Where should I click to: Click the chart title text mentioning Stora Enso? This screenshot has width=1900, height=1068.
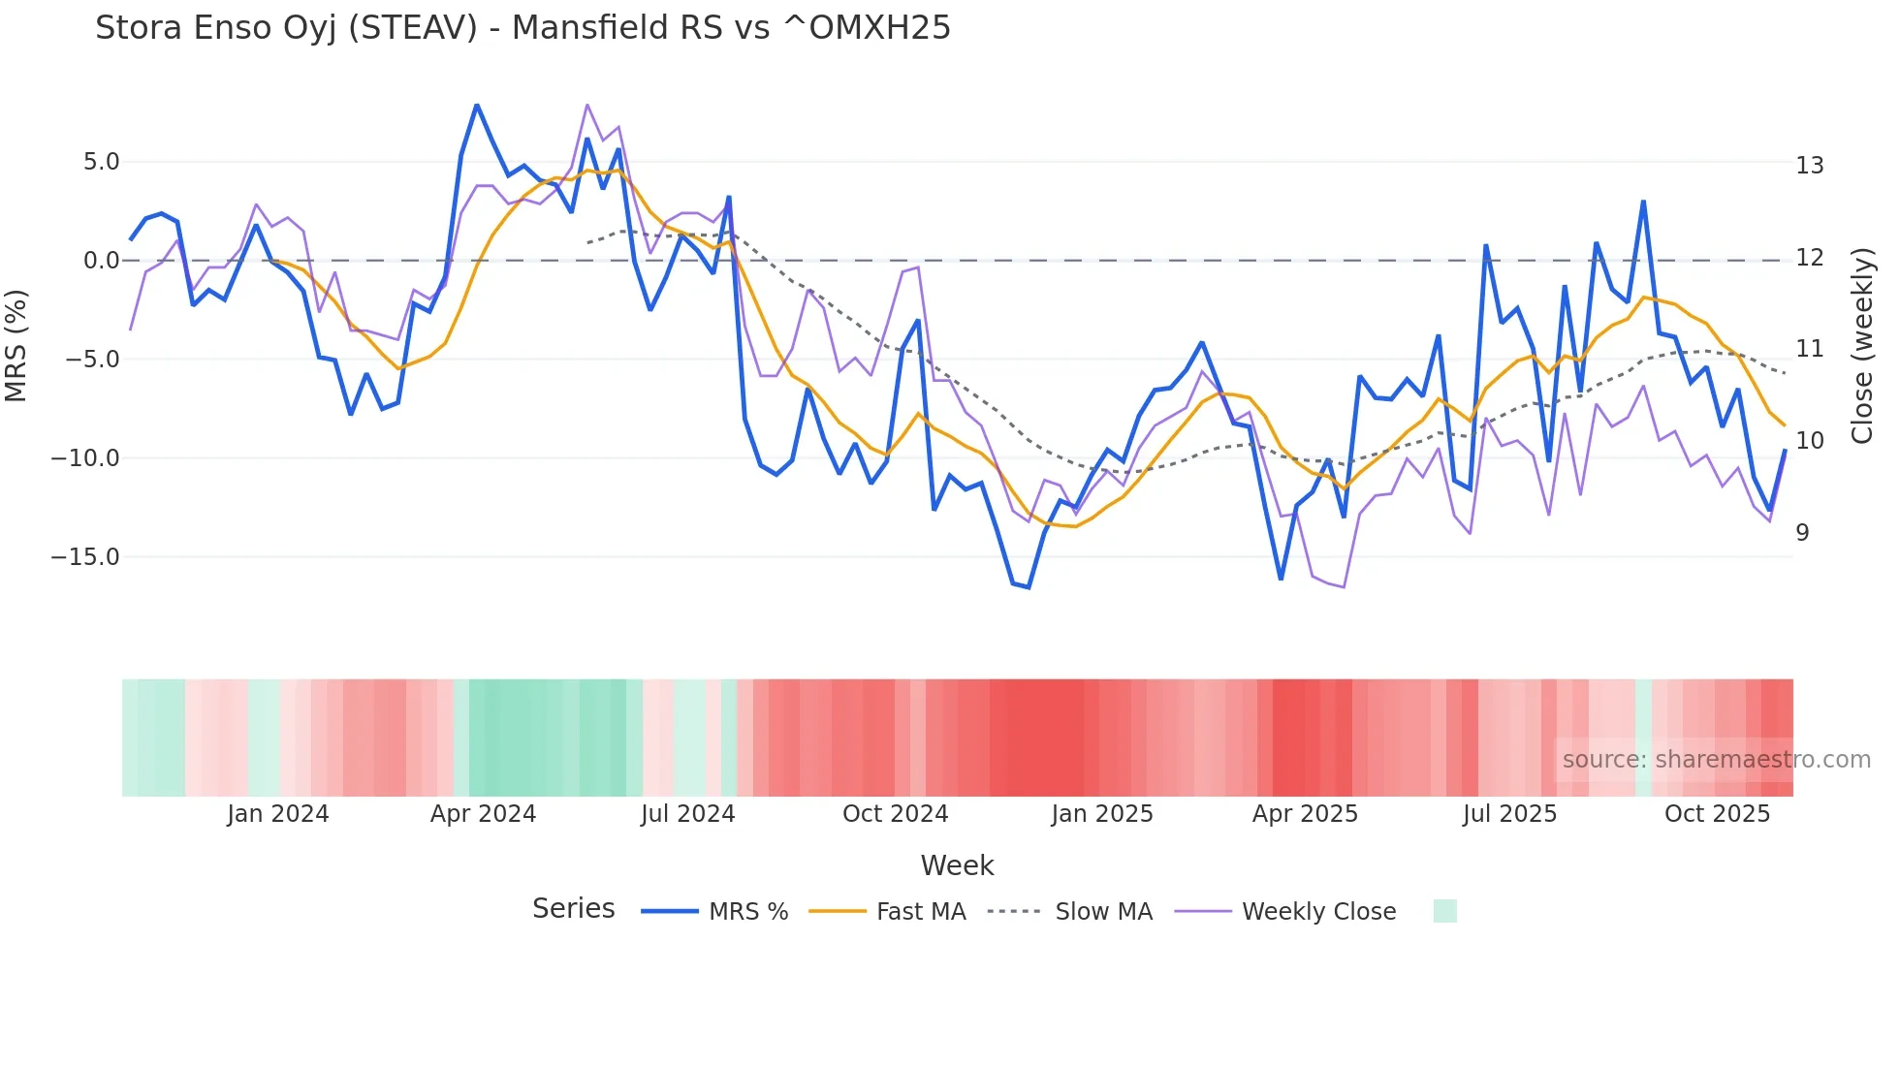pos(522,28)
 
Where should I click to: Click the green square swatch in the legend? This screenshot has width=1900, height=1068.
pos(1444,911)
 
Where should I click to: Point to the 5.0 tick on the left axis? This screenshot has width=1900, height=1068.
pos(101,162)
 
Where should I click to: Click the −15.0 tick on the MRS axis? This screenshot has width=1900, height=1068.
pos(85,557)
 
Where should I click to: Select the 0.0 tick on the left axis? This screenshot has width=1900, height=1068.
pos(101,261)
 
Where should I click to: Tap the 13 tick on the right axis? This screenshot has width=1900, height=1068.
pos(1809,166)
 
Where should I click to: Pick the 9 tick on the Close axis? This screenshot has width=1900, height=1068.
pos(1802,533)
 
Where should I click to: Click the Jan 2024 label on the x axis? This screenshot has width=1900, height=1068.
pos(278,814)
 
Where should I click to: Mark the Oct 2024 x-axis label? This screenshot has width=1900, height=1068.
pos(895,814)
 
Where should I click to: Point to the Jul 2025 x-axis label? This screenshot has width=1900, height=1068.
pos(1509,814)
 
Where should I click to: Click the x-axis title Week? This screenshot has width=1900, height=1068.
pos(957,865)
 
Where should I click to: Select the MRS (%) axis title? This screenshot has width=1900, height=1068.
pos(16,345)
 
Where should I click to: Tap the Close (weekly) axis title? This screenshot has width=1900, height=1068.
pos(1862,346)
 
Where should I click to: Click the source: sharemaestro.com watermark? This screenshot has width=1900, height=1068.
pos(1716,760)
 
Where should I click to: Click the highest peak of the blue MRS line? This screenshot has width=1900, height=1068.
pos(477,105)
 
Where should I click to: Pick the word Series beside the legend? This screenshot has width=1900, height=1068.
pos(573,909)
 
